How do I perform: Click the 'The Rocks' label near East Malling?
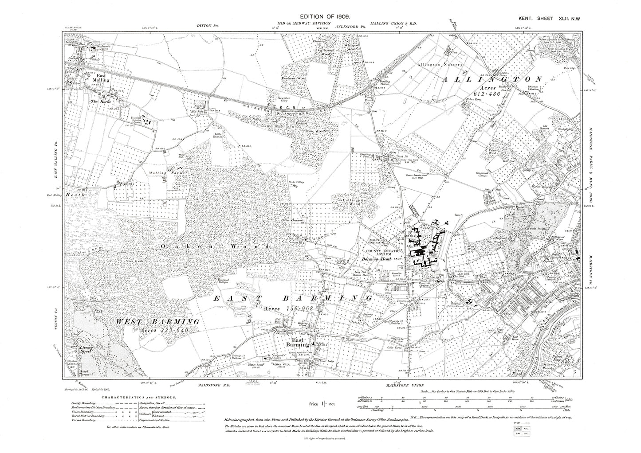point(100,101)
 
